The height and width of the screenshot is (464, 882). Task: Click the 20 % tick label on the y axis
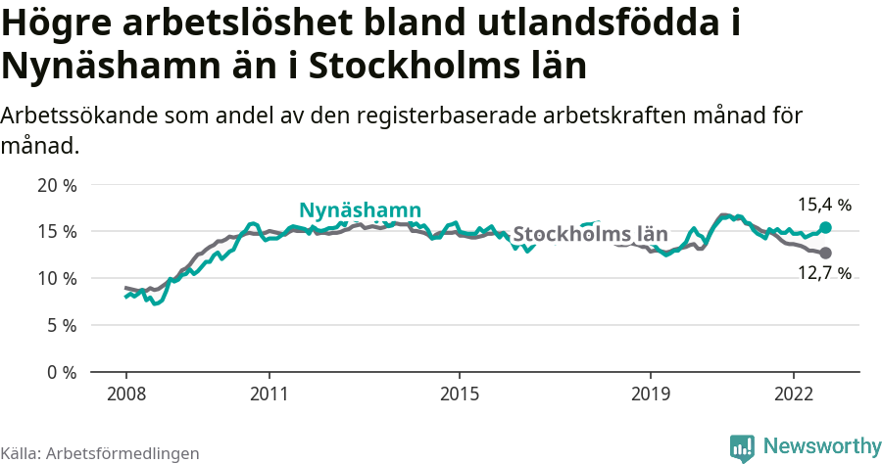(55, 185)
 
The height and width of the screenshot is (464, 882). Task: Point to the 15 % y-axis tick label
(55, 232)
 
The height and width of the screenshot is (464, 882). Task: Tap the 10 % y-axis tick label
(55, 279)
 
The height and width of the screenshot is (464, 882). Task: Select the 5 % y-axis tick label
(60, 326)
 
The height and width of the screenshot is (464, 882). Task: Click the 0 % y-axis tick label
(60, 373)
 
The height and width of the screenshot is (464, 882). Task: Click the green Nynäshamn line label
(360, 210)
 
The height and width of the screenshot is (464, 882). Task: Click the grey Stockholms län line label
(590, 235)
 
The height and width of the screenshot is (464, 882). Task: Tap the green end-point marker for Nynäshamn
(825, 227)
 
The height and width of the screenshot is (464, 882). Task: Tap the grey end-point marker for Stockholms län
(825, 253)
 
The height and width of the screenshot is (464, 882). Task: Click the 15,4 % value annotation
(823, 206)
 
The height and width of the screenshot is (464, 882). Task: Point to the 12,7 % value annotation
(823, 274)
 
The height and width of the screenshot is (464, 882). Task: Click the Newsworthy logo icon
(742, 447)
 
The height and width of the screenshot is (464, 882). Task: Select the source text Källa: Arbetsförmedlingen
(100, 453)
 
